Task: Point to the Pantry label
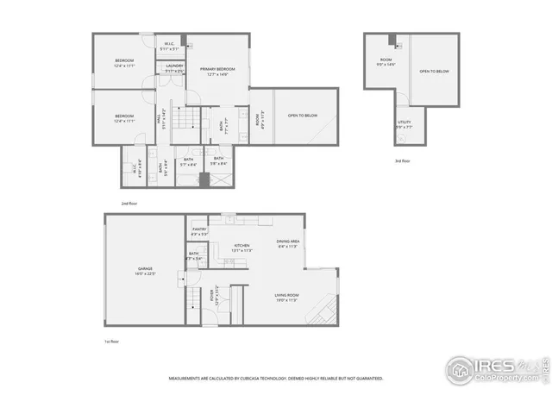point(199,230)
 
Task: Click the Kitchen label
point(241,248)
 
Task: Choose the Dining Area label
point(287,243)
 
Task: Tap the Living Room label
point(286,298)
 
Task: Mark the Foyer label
point(212,297)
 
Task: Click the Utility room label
point(404,124)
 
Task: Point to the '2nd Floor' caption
point(129,203)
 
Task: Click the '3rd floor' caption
point(402,161)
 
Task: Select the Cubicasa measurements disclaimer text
point(276,378)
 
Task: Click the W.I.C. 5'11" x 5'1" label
point(169,47)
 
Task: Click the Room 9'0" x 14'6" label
point(386,62)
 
